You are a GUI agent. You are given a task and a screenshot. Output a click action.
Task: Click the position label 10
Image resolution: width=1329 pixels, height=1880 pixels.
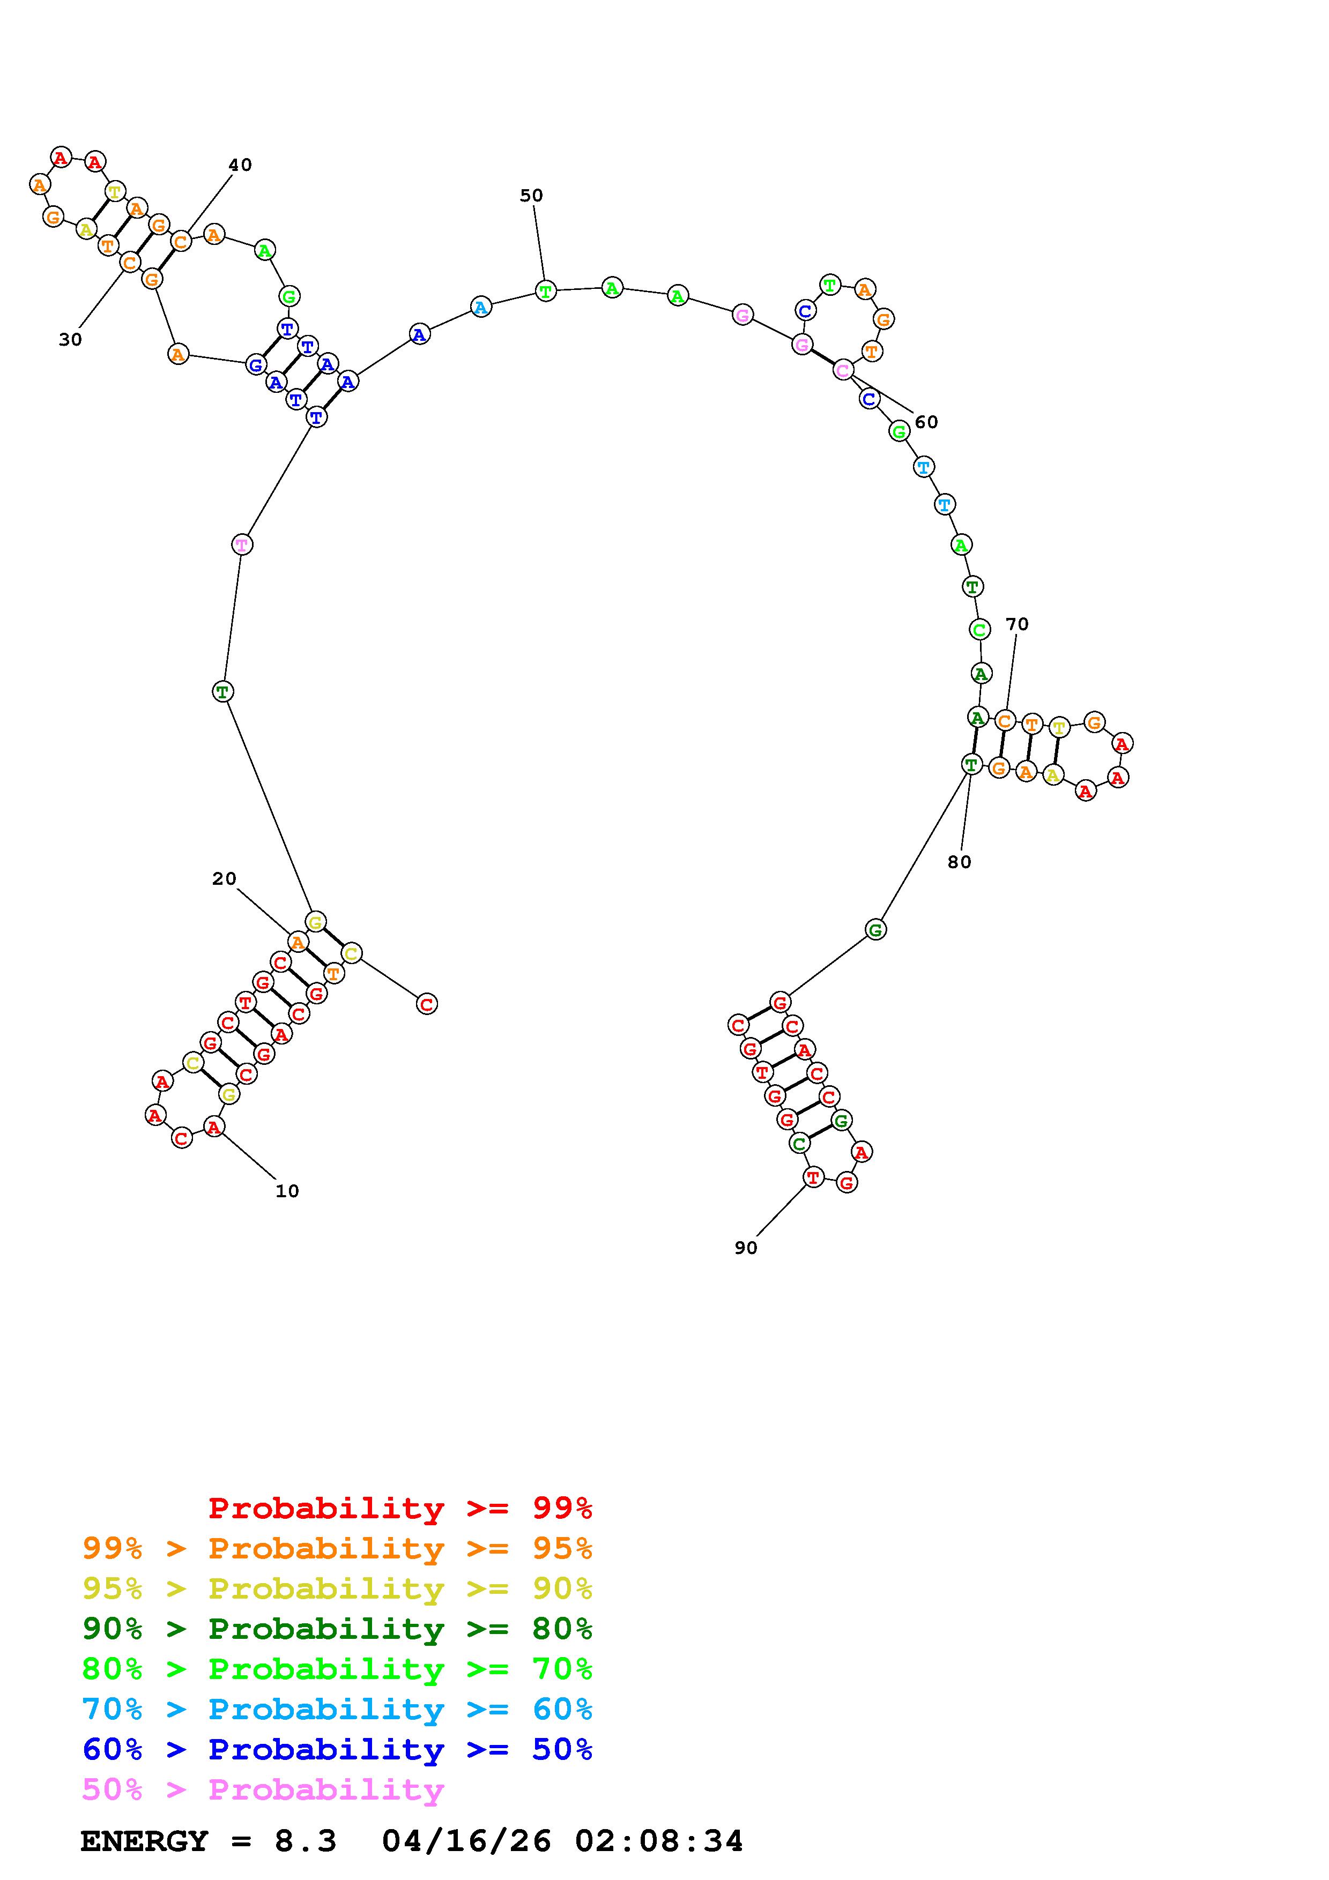point(287,1191)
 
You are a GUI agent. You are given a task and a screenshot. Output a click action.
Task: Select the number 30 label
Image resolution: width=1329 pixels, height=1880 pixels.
point(70,339)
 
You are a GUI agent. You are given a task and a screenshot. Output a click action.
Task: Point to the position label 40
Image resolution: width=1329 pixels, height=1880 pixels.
point(240,165)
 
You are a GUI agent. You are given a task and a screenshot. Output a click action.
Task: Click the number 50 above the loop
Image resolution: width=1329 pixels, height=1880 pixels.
point(531,196)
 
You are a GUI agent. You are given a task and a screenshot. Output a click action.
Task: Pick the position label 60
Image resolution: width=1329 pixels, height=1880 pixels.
point(926,422)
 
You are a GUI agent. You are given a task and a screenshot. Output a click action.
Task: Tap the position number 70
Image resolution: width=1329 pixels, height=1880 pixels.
point(1017,624)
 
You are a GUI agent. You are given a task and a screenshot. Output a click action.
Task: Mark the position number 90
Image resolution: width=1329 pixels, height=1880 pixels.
point(746,1248)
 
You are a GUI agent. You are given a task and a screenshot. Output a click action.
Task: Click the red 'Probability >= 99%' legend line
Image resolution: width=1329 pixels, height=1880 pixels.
point(400,1508)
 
